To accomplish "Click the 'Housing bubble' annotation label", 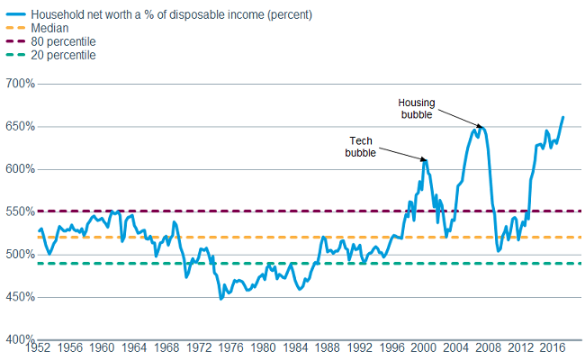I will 417,108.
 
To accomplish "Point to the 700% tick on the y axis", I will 20,84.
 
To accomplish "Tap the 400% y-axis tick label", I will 20,339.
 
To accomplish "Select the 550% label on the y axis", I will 20,211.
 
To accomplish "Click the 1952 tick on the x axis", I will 39,347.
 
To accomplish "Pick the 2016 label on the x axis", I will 552,347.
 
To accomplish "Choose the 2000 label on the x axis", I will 423,347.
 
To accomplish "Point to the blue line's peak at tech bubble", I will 425,159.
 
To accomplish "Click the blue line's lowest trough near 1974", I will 221,298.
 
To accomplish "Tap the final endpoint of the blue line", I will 563,117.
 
